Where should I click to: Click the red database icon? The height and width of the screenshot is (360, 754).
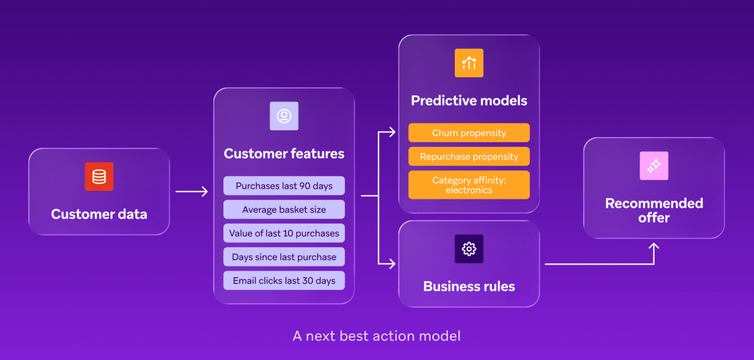[99, 177]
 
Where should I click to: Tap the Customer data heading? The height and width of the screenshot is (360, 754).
[99, 214]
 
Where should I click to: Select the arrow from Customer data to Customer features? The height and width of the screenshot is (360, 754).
[192, 192]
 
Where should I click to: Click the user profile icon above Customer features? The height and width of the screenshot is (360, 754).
[284, 116]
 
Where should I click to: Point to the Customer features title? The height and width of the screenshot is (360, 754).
[284, 154]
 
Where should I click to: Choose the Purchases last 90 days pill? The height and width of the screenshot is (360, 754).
[284, 186]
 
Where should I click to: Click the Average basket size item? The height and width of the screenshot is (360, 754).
[284, 210]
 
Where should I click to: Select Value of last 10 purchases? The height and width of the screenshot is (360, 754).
[284, 233]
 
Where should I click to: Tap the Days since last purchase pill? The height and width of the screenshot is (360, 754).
[284, 257]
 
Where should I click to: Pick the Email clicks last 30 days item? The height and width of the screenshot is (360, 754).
[284, 281]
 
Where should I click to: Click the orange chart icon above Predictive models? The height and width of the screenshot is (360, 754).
[469, 63]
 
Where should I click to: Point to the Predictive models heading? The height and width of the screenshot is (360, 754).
[469, 101]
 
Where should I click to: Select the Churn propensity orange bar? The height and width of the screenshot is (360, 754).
[469, 133]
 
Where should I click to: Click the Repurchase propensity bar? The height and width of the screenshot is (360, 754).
[469, 157]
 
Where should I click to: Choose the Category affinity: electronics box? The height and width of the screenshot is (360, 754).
[469, 185]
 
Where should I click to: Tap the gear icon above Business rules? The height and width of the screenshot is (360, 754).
[469, 249]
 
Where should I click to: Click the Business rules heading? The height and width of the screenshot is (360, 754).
[469, 286]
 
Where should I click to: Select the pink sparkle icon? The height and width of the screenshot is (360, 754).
[654, 166]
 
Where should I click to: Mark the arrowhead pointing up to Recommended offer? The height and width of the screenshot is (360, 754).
[654, 247]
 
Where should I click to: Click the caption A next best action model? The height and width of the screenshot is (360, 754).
[377, 336]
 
